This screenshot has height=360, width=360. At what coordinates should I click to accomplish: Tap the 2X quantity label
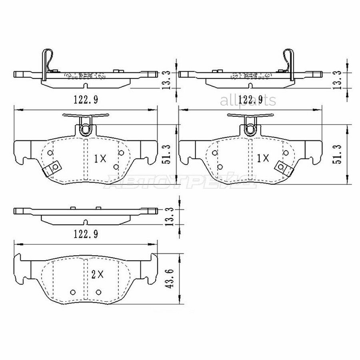pos(97,274)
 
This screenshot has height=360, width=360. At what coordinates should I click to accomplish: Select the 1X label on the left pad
pos(100,159)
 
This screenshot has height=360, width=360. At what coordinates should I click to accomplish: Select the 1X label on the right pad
pos(263,159)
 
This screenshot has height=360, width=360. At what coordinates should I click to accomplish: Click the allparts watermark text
pos(248,101)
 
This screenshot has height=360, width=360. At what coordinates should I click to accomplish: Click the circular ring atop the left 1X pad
pos(85,128)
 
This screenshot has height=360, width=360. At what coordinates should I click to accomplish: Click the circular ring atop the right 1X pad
pos(250,128)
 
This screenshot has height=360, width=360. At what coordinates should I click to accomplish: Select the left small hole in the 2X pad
pos(72,291)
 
